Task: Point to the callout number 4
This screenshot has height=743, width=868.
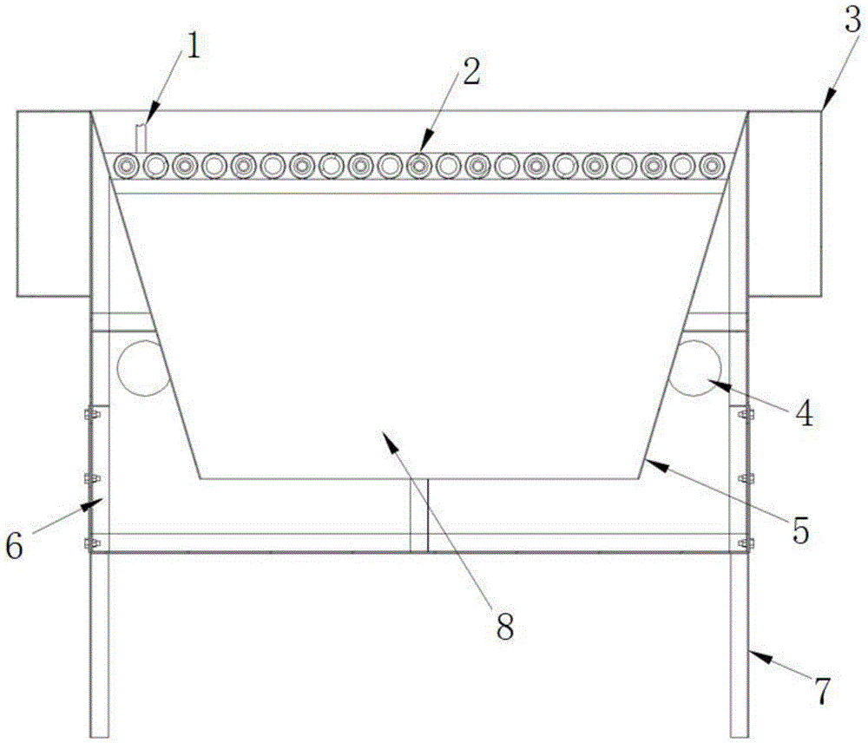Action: coord(806,413)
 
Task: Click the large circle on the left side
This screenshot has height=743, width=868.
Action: coord(141,366)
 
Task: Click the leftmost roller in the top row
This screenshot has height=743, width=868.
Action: coord(128,164)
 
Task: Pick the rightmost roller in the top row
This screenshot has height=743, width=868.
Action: coord(713,164)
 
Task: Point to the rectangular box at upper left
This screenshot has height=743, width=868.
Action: coord(53,203)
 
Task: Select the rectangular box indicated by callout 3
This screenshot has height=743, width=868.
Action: coord(784,203)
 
